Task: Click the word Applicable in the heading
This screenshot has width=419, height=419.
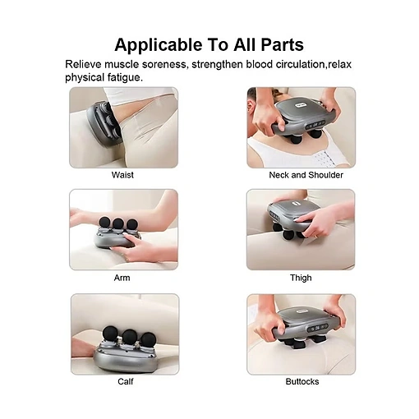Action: coord(158,45)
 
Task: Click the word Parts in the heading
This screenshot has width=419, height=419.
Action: coord(282,44)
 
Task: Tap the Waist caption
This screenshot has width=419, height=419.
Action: coord(122,175)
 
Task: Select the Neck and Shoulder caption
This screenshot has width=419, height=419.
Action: coord(306,175)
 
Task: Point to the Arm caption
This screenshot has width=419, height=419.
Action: coord(122,278)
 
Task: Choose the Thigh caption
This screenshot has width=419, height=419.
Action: coord(301,278)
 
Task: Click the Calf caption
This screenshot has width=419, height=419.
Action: coord(126,381)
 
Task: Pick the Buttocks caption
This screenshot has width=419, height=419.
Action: coord(302,381)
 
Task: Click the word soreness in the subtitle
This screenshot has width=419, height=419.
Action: coord(165,64)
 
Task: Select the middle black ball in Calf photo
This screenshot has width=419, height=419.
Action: coord(130,336)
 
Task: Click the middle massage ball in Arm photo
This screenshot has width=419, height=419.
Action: coord(118,223)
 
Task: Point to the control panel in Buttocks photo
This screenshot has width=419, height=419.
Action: coord(317,328)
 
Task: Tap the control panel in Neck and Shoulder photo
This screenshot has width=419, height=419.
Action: coord(315,125)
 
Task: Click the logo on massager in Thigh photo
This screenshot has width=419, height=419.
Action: coord(297,204)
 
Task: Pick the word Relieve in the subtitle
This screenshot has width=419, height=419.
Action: coord(83,64)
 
